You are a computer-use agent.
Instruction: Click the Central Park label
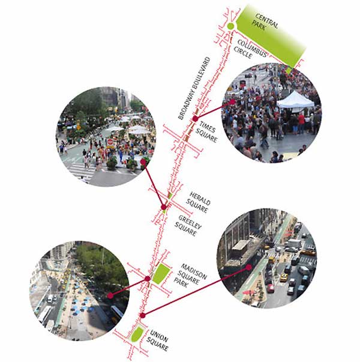[x=262, y=23]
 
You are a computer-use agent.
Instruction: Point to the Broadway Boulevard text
[x=194, y=88]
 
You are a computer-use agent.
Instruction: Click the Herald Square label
[x=200, y=201]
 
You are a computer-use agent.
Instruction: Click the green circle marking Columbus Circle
[x=230, y=26]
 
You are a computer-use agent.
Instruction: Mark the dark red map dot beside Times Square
[x=195, y=119]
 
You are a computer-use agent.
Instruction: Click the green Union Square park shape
[x=136, y=335]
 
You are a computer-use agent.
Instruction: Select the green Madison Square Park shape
[x=161, y=274]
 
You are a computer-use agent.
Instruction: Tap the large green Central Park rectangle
[x=270, y=36]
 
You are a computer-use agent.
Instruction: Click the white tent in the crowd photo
[x=295, y=100]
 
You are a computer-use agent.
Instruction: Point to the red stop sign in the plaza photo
[x=110, y=142]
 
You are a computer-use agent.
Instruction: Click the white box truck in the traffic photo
[x=293, y=243]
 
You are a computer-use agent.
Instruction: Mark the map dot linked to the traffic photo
[x=142, y=315]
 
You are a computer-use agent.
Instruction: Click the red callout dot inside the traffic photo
[x=249, y=267]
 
